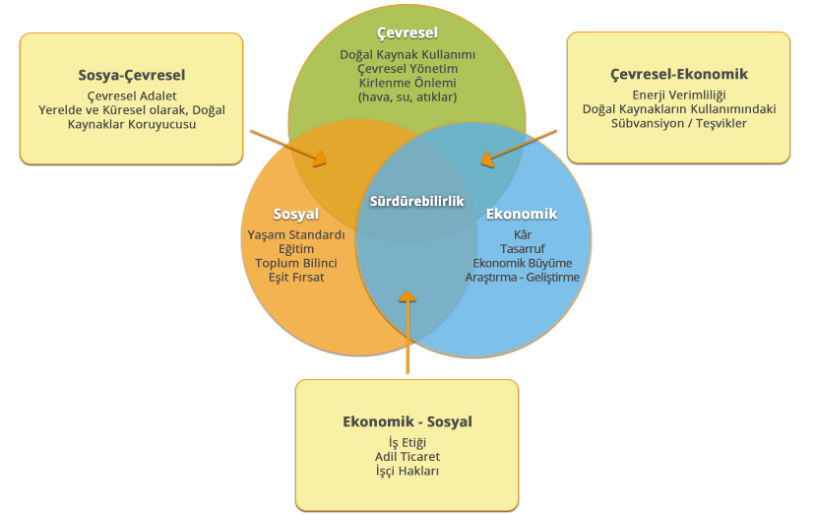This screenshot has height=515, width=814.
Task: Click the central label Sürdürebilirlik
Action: pyautogui.click(x=416, y=201)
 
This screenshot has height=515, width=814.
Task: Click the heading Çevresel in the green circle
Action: pyautogui.click(x=407, y=32)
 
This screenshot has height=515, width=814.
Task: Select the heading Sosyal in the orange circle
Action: pyautogui.click(x=296, y=214)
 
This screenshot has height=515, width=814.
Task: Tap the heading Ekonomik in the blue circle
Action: pyautogui.click(x=522, y=214)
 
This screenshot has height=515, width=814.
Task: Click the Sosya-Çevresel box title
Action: pyautogui.click(x=132, y=74)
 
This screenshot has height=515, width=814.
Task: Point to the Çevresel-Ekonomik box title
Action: pyautogui.click(x=678, y=74)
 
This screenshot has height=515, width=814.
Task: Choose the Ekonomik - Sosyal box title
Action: pyautogui.click(x=407, y=421)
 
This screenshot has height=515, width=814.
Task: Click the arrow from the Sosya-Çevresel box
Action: pyautogui.click(x=289, y=145)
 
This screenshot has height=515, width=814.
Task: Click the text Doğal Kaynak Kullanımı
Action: pyautogui.click(x=407, y=54)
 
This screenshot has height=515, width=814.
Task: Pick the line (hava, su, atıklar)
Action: pyautogui.click(x=407, y=97)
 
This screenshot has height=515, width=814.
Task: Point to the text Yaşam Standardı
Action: pyautogui.click(x=296, y=234)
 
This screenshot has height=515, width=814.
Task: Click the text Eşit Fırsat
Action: pyautogui.click(x=296, y=278)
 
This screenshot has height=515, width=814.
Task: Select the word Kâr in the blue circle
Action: pyautogui.click(x=522, y=234)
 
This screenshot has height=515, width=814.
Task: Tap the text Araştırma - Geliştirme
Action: pyautogui.click(x=522, y=278)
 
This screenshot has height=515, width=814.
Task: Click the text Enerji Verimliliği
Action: pyautogui.click(x=678, y=95)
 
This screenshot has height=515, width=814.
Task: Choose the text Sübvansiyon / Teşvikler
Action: pyautogui.click(x=678, y=123)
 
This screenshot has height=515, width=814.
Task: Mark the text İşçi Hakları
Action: pyautogui.click(x=407, y=471)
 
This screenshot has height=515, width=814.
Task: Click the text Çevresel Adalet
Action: pyautogui.click(x=132, y=96)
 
